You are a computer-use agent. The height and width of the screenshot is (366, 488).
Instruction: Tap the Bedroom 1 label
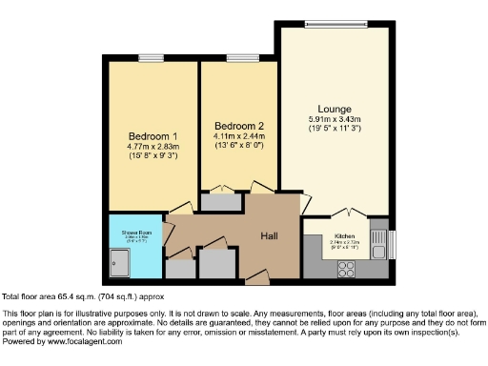(x=151, y=135)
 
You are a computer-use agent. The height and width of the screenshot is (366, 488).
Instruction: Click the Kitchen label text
(x=344, y=234)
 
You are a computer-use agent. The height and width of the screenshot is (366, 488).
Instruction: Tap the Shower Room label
(x=132, y=232)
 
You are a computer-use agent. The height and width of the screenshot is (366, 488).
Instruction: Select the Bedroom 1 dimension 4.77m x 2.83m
(x=152, y=147)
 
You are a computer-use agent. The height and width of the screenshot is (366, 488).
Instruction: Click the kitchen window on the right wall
(x=391, y=244)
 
